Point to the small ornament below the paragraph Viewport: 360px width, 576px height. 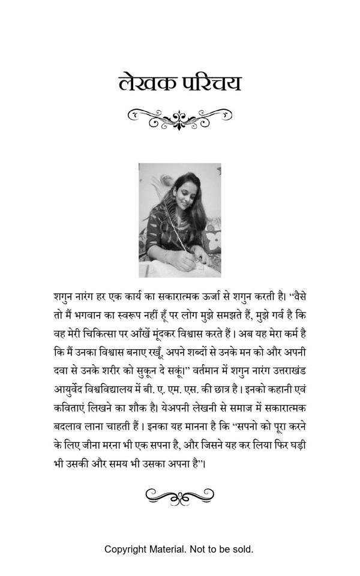click(180, 496)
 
